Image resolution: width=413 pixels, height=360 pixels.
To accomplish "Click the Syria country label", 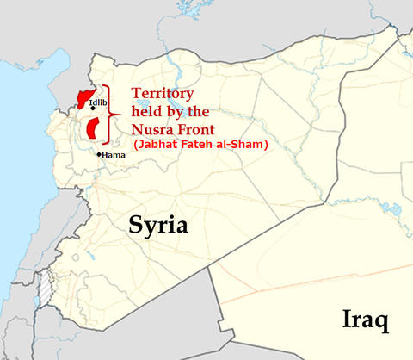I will tap(158, 225).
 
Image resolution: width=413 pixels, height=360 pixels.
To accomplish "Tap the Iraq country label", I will tap(365, 320).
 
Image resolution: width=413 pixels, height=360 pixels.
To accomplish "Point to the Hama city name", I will tap(114, 155).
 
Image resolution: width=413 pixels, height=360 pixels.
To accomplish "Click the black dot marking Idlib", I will tap(92, 109).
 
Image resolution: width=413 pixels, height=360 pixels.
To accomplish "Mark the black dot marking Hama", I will tap(100, 155).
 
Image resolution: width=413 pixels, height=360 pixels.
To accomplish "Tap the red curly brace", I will tap(110, 115).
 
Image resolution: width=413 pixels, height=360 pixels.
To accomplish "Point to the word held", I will tap(147, 112).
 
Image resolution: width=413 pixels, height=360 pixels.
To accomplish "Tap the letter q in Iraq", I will tap(381, 322).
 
